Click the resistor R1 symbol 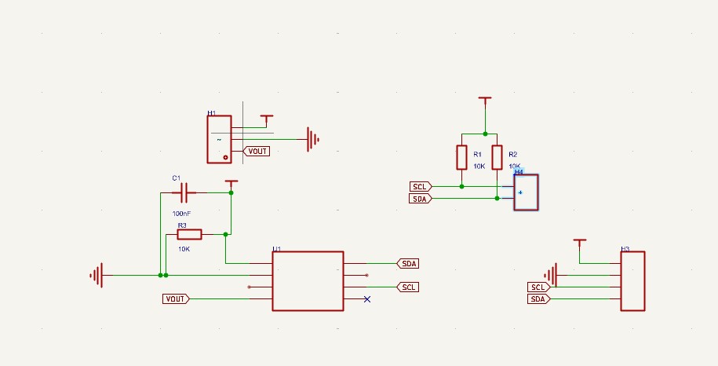461,157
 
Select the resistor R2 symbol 497,157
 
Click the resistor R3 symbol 189,234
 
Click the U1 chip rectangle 308,280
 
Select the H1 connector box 219,139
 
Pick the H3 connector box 632,280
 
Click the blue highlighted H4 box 526,192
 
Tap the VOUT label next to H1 257,151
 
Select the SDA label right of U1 408,263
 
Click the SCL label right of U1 408,287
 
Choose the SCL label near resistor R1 421,186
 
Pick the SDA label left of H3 538,298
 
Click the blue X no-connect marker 366,299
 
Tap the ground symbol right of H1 313,140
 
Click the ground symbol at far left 97,275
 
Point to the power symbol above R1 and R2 485,101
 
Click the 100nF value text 181,213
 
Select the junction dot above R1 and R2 485,134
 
